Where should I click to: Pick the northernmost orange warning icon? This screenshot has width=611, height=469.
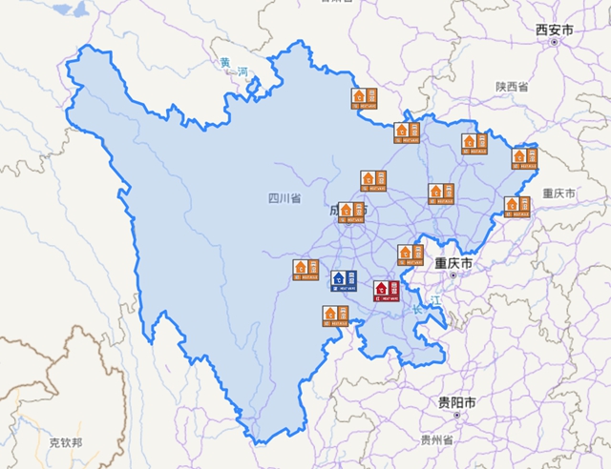(x=364, y=97)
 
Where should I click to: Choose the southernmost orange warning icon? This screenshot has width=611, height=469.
(x=333, y=316)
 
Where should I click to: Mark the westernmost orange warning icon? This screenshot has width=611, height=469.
(x=305, y=270)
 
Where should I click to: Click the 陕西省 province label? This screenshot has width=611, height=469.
(x=512, y=87)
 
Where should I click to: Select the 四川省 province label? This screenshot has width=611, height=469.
(x=284, y=198)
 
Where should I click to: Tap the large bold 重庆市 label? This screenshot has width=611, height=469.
(x=454, y=261)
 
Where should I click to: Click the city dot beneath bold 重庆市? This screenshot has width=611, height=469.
(x=453, y=275)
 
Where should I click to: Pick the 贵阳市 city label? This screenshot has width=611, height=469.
(x=456, y=402)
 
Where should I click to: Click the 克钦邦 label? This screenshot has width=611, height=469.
(x=66, y=442)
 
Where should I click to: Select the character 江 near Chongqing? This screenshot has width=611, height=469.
(x=437, y=301)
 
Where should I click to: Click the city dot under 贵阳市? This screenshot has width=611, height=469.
(x=456, y=417)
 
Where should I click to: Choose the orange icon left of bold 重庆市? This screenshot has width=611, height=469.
(x=409, y=253)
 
